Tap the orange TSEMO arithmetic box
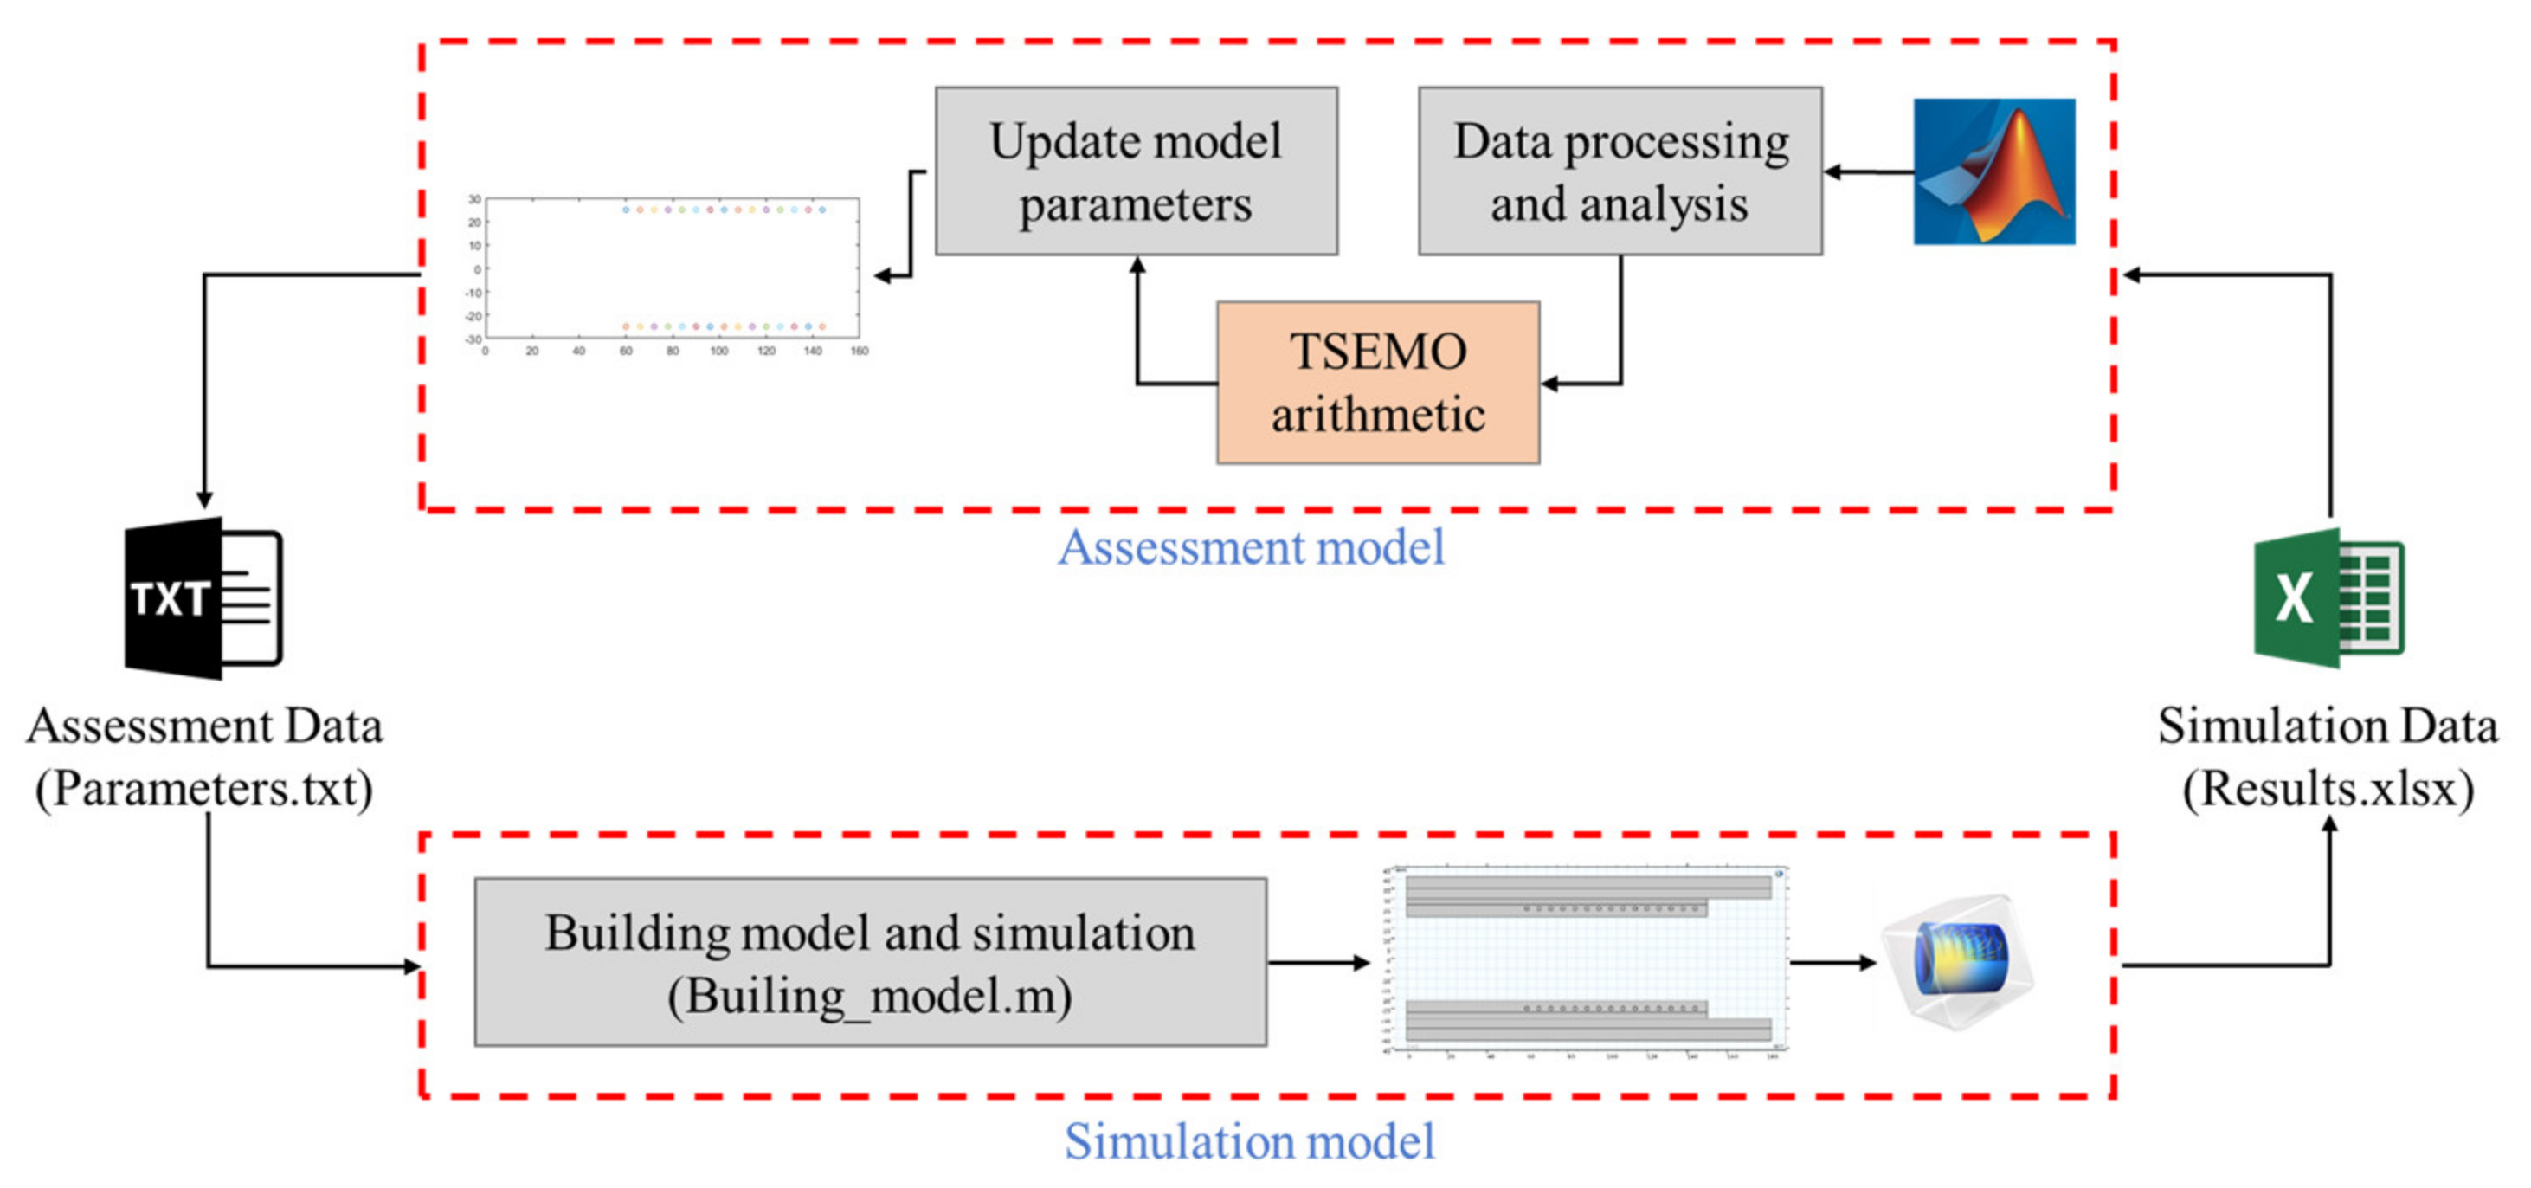pos(1377,382)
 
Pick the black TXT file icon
pos(203,597)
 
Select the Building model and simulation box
pos(870,961)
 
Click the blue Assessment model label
pos(1251,547)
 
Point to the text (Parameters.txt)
pos(204,788)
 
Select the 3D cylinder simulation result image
pos(1957,960)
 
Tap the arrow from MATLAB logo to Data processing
pos(1867,172)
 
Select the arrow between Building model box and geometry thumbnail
pos(1317,962)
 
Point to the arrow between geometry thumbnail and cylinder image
pos(1832,962)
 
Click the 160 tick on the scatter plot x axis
pos(859,351)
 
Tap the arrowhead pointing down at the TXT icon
pos(204,498)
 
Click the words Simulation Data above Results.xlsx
pos(2327,726)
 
